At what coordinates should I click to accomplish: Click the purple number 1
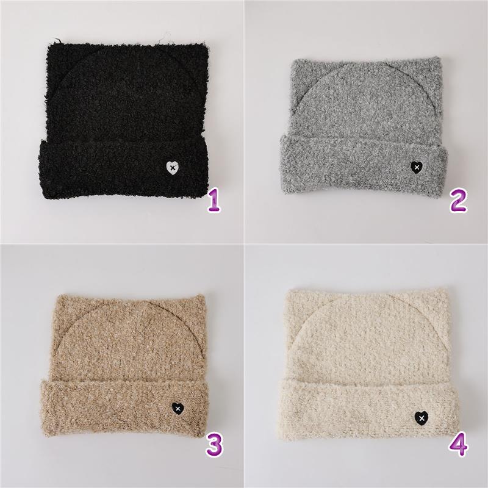[215, 201]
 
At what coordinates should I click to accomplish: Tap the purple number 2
[458, 201]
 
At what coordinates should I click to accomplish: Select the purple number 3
[215, 445]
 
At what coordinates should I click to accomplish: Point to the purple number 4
[459, 445]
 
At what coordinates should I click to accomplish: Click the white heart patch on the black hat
[173, 168]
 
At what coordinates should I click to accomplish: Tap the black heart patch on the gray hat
[417, 168]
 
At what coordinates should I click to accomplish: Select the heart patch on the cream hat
[422, 417]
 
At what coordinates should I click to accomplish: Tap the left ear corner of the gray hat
[293, 61]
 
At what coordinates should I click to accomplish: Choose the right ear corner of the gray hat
[438, 59]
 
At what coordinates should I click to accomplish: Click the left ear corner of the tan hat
[57, 296]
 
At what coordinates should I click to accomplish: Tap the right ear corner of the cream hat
[446, 290]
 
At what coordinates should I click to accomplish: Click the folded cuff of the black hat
[123, 169]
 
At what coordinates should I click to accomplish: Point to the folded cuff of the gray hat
[364, 165]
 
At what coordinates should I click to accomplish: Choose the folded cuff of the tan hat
[124, 408]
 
